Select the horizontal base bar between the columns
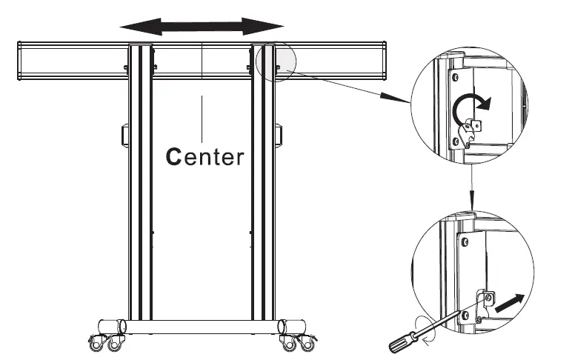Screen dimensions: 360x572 (202, 327)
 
